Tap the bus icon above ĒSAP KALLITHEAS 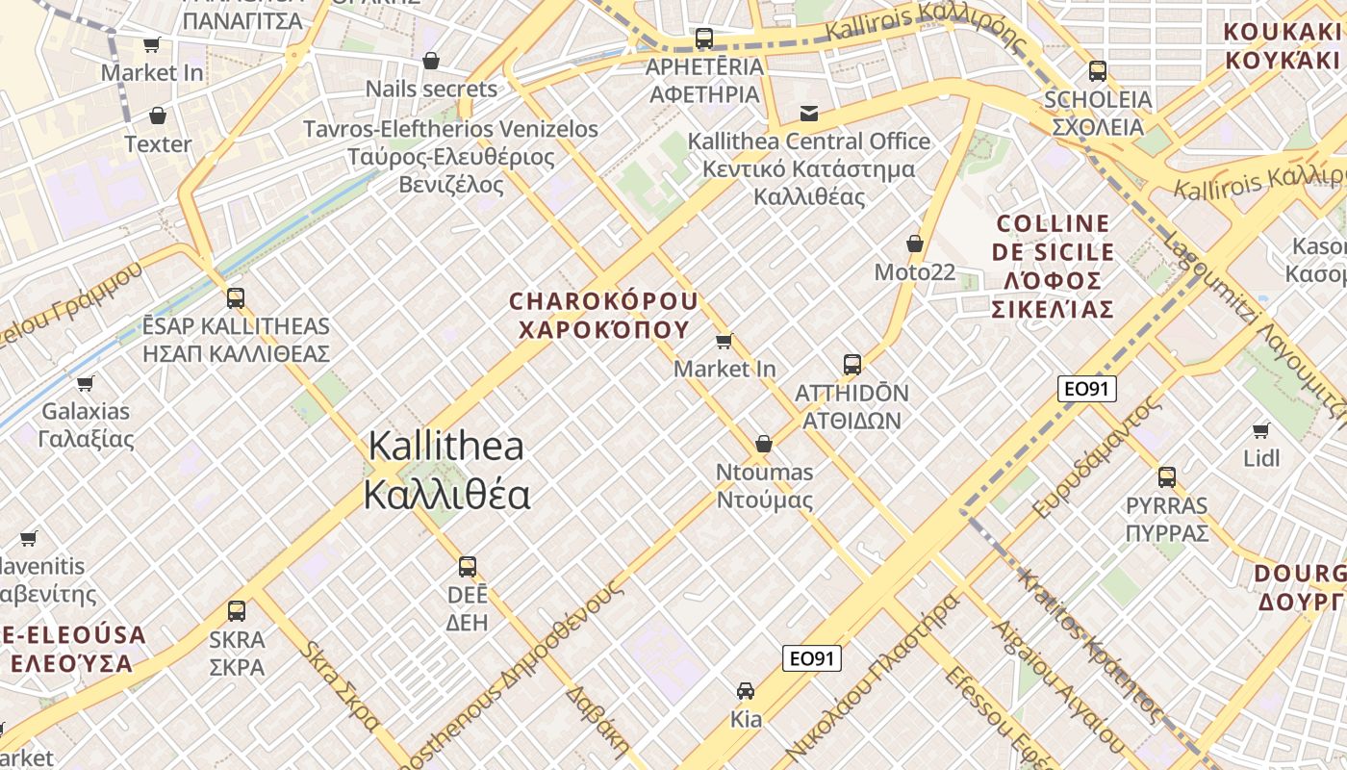pos(236,297)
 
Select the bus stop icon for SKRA pos(237,610)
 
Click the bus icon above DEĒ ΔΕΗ pos(468,566)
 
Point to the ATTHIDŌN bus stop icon pos(852,365)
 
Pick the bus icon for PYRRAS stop pos(1167,476)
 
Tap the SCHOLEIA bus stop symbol pos(1098,71)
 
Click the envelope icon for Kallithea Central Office pos(809,114)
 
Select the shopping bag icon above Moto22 pos(915,244)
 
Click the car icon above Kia pos(746,690)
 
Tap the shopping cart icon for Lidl pos(1261,430)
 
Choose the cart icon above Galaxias pos(86,383)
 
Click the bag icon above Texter pos(158,116)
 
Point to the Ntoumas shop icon pos(764,444)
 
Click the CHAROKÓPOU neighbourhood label pos(604,315)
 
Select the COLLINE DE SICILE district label pos(1055,267)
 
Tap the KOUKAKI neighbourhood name pos(1282,45)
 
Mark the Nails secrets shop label pos(431,90)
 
